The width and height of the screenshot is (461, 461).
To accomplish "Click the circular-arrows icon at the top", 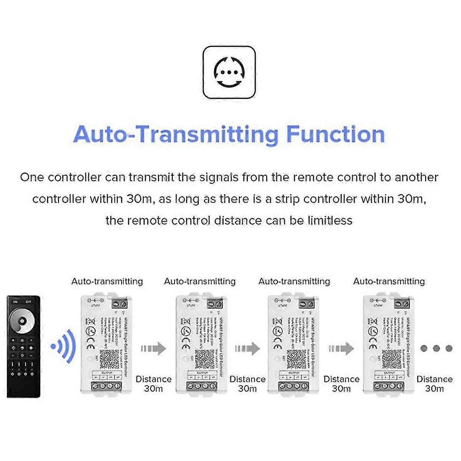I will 229,73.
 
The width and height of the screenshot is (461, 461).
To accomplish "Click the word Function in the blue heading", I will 335,134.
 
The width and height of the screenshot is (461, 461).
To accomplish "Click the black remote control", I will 23,346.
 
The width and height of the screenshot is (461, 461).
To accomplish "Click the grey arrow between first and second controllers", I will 154,349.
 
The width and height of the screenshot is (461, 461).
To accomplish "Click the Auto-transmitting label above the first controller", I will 107,281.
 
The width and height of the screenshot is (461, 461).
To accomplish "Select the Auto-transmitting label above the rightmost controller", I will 389,281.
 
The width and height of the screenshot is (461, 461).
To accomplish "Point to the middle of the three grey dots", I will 436,349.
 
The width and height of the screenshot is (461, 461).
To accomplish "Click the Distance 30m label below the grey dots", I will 434,384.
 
